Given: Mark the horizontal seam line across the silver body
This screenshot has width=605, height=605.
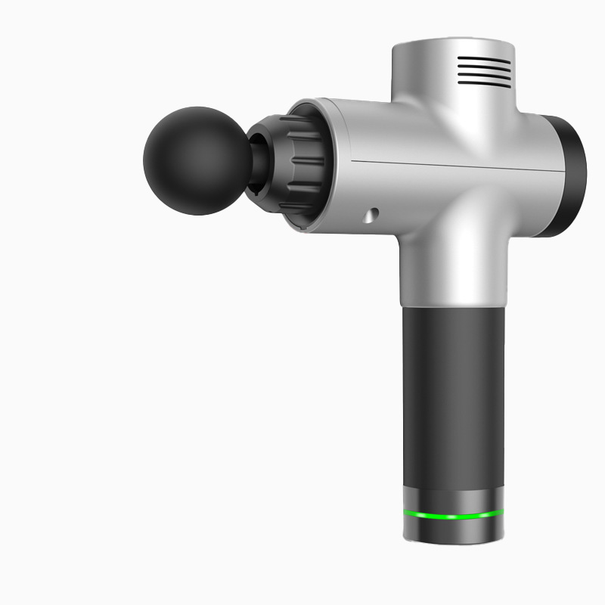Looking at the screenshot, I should tap(454, 166).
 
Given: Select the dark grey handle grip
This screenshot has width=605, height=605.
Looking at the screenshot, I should tap(451, 393).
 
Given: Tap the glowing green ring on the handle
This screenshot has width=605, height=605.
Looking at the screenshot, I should tap(452, 517).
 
